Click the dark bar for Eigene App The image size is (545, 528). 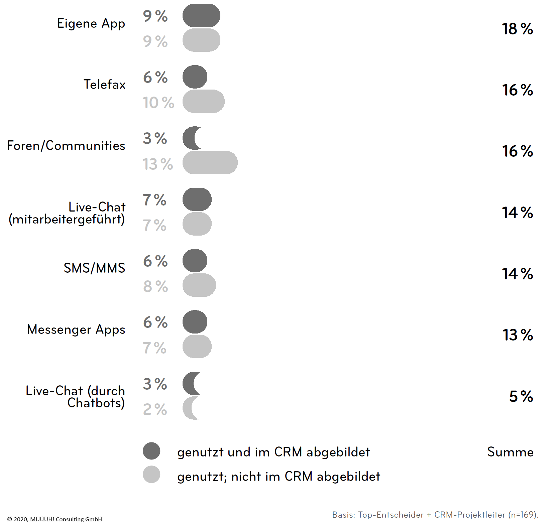[201, 15]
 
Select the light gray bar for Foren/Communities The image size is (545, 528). [210, 163]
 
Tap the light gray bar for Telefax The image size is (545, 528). [203, 101]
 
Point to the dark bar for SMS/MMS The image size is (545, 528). [195, 261]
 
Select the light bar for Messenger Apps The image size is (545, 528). [197, 347]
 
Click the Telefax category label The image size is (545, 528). [104, 85]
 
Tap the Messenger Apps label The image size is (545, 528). [76, 329]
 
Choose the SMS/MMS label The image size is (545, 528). [94, 268]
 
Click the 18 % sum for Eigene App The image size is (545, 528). [517, 29]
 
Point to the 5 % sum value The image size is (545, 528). [521, 396]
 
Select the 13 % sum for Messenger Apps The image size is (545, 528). [518, 335]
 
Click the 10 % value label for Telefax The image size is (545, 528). [158, 103]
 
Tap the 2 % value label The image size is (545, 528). [155, 409]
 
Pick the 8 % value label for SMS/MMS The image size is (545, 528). [155, 286]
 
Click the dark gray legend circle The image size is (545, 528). [151, 451]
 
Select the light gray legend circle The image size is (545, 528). [151, 475]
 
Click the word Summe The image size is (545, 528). [510, 452]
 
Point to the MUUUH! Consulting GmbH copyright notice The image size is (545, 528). [54, 519]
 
